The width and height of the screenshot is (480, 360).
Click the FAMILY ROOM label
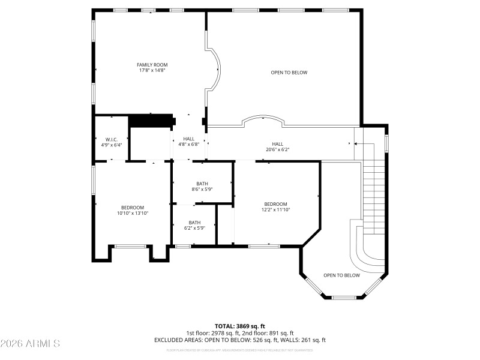(x=152, y=65)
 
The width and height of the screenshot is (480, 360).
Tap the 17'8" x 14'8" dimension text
(x=152, y=71)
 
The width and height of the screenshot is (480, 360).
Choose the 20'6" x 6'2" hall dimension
(x=277, y=149)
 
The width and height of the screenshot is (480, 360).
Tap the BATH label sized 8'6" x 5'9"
(x=202, y=184)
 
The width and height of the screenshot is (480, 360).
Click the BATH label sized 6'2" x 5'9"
(x=194, y=223)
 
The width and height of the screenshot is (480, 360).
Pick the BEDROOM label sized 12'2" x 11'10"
(x=275, y=204)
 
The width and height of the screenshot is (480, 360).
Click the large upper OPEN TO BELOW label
(x=289, y=73)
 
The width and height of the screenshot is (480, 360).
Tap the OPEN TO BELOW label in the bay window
(x=341, y=275)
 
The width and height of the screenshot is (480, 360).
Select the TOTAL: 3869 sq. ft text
(x=239, y=326)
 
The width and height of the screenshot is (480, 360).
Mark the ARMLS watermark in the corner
(x=30, y=344)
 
